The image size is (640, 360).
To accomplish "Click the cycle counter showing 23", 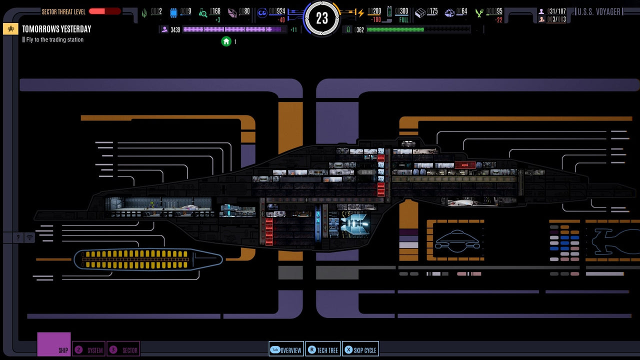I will [322, 18].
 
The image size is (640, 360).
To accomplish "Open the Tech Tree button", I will [323, 350].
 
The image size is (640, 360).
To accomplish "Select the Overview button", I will [286, 350].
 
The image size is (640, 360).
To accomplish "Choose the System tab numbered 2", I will [88, 350].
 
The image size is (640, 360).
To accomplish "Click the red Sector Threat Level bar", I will [104, 11].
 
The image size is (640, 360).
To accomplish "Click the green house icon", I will [226, 41].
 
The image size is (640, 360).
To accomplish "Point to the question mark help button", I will [18, 237].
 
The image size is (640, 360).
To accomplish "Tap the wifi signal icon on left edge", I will [30, 237].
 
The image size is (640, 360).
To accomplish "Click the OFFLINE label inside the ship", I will [366, 172].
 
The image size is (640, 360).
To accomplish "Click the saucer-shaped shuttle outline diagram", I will [457, 240].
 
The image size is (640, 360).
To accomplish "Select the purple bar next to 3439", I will [232, 29].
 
